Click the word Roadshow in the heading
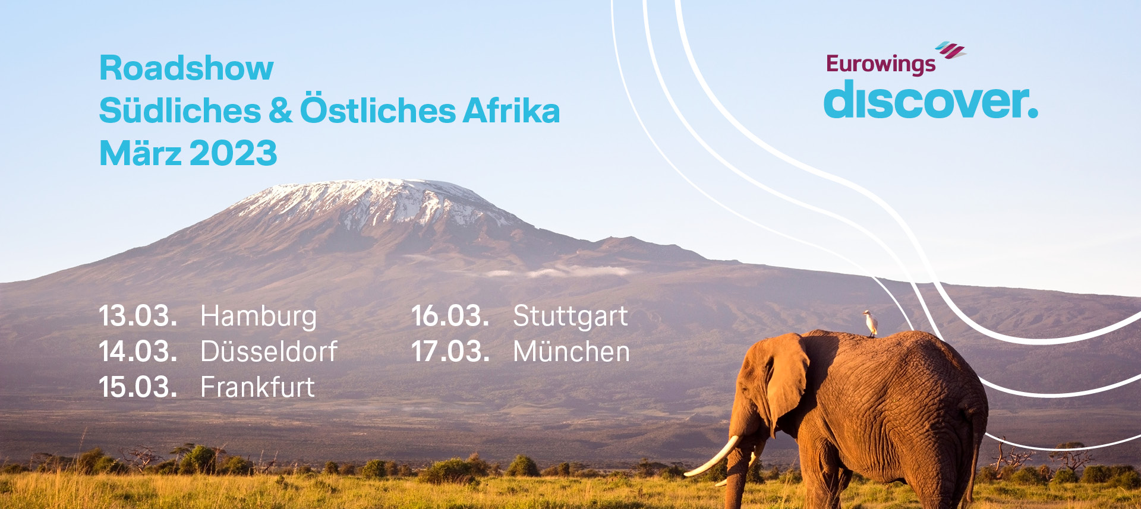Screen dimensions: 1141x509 coord(187,68)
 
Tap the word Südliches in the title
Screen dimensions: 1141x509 coord(180,111)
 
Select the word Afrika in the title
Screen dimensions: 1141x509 coord(512,110)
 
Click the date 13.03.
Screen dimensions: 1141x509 coord(138,315)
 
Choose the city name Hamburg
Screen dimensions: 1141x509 coord(259,317)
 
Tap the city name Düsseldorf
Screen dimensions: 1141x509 coord(269,351)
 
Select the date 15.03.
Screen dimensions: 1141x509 coord(138,387)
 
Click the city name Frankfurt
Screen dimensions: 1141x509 coord(258,387)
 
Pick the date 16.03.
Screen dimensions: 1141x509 coord(450,315)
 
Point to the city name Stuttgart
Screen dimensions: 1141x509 coord(570,317)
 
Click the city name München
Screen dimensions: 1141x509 coord(572,351)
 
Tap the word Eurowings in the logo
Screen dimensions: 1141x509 coord(881,64)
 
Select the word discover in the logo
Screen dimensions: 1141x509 coord(931,99)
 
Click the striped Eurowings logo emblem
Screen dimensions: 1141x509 coord(951,50)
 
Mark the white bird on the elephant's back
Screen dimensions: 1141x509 coord(871,323)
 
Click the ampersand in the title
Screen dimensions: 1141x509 coord(280,110)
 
